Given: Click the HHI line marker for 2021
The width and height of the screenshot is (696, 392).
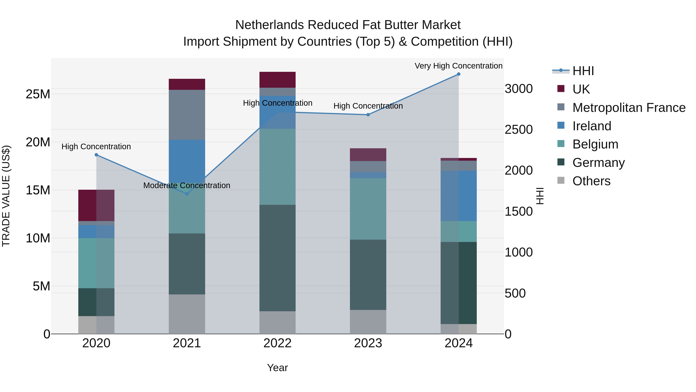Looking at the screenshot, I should tap(187, 194).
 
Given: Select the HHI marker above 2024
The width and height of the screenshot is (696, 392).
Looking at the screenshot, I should tap(459, 74).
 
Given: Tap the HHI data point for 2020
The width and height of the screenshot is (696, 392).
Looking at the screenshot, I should tap(96, 155).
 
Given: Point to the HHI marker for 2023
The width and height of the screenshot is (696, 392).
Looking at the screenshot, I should tap(368, 115).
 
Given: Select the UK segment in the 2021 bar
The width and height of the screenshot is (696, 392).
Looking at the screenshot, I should tap(187, 84).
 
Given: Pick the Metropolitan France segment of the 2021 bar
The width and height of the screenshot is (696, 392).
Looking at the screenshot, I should tap(187, 115).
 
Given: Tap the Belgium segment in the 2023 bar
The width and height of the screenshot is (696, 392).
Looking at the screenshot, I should tap(368, 209).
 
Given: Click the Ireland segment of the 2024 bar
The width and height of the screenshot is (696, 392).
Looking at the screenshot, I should tap(459, 196).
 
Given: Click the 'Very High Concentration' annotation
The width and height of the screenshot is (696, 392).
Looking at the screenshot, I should tap(459, 66).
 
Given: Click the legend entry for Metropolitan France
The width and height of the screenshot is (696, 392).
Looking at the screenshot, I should tap(629, 107).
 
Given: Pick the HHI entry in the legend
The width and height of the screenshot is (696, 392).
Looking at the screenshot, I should tap(583, 71).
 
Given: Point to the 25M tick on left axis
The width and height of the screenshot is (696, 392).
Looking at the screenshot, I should tap(38, 94).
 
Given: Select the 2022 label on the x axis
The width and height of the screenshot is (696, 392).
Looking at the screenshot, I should tap(277, 343).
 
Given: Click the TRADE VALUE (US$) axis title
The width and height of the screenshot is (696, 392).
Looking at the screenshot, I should tap(6, 196).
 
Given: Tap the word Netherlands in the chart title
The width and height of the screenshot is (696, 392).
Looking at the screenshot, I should tap(270, 25).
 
